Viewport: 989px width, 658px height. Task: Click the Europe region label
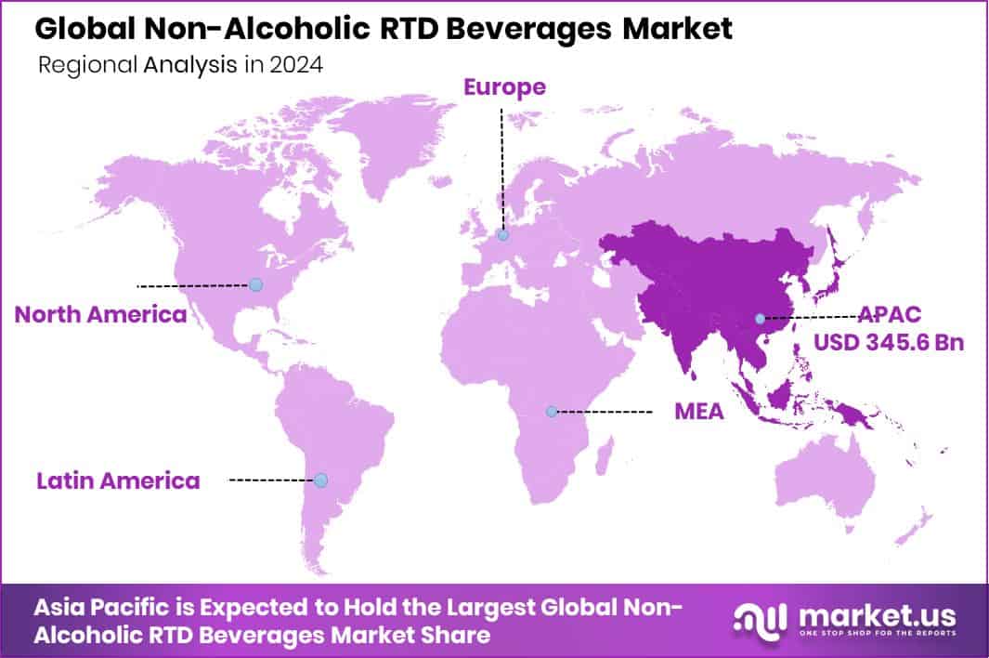(x=504, y=87)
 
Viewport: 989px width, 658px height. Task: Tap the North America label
(x=100, y=314)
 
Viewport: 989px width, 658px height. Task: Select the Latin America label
(x=118, y=480)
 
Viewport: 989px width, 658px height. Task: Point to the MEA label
(x=699, y=411)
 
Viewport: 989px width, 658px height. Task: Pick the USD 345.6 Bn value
(x=889, y=343)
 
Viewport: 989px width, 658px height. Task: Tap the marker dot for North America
(x=256, y=284)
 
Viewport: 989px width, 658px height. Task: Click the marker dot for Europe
(x=503, y=236)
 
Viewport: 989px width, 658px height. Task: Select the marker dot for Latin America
(x=320, y=480)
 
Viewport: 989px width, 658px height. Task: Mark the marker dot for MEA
(x=552, y=411)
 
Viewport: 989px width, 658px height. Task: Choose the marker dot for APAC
(x=760, y=319)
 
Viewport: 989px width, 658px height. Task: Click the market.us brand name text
(x=872, y=613)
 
